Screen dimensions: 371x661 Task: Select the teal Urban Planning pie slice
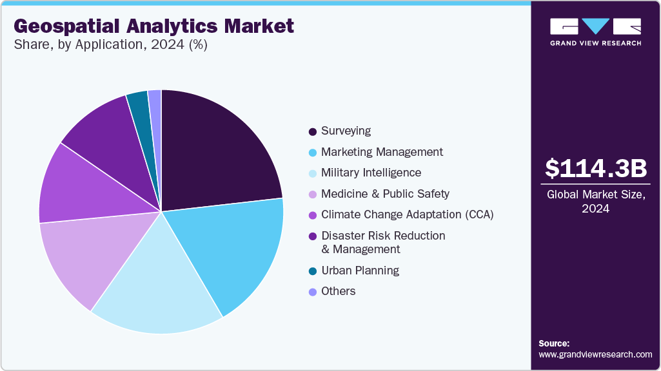click(139, 103)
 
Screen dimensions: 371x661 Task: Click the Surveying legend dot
click(313, 131)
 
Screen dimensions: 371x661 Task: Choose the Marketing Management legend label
click(382, 152)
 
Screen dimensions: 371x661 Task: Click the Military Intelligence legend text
click(371, 173)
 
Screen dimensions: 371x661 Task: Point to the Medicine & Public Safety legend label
click(385, 194)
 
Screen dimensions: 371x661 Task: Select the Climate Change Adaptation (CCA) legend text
click(407, 214)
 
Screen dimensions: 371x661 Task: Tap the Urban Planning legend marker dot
click(313, 271)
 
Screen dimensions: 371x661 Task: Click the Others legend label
click(338, 291)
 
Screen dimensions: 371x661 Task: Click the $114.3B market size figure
click(595, 168)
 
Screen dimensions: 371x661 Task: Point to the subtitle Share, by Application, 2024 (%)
click(110, 45)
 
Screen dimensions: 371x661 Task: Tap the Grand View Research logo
click(595, 32)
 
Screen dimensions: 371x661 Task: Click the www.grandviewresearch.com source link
click(595, 354)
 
